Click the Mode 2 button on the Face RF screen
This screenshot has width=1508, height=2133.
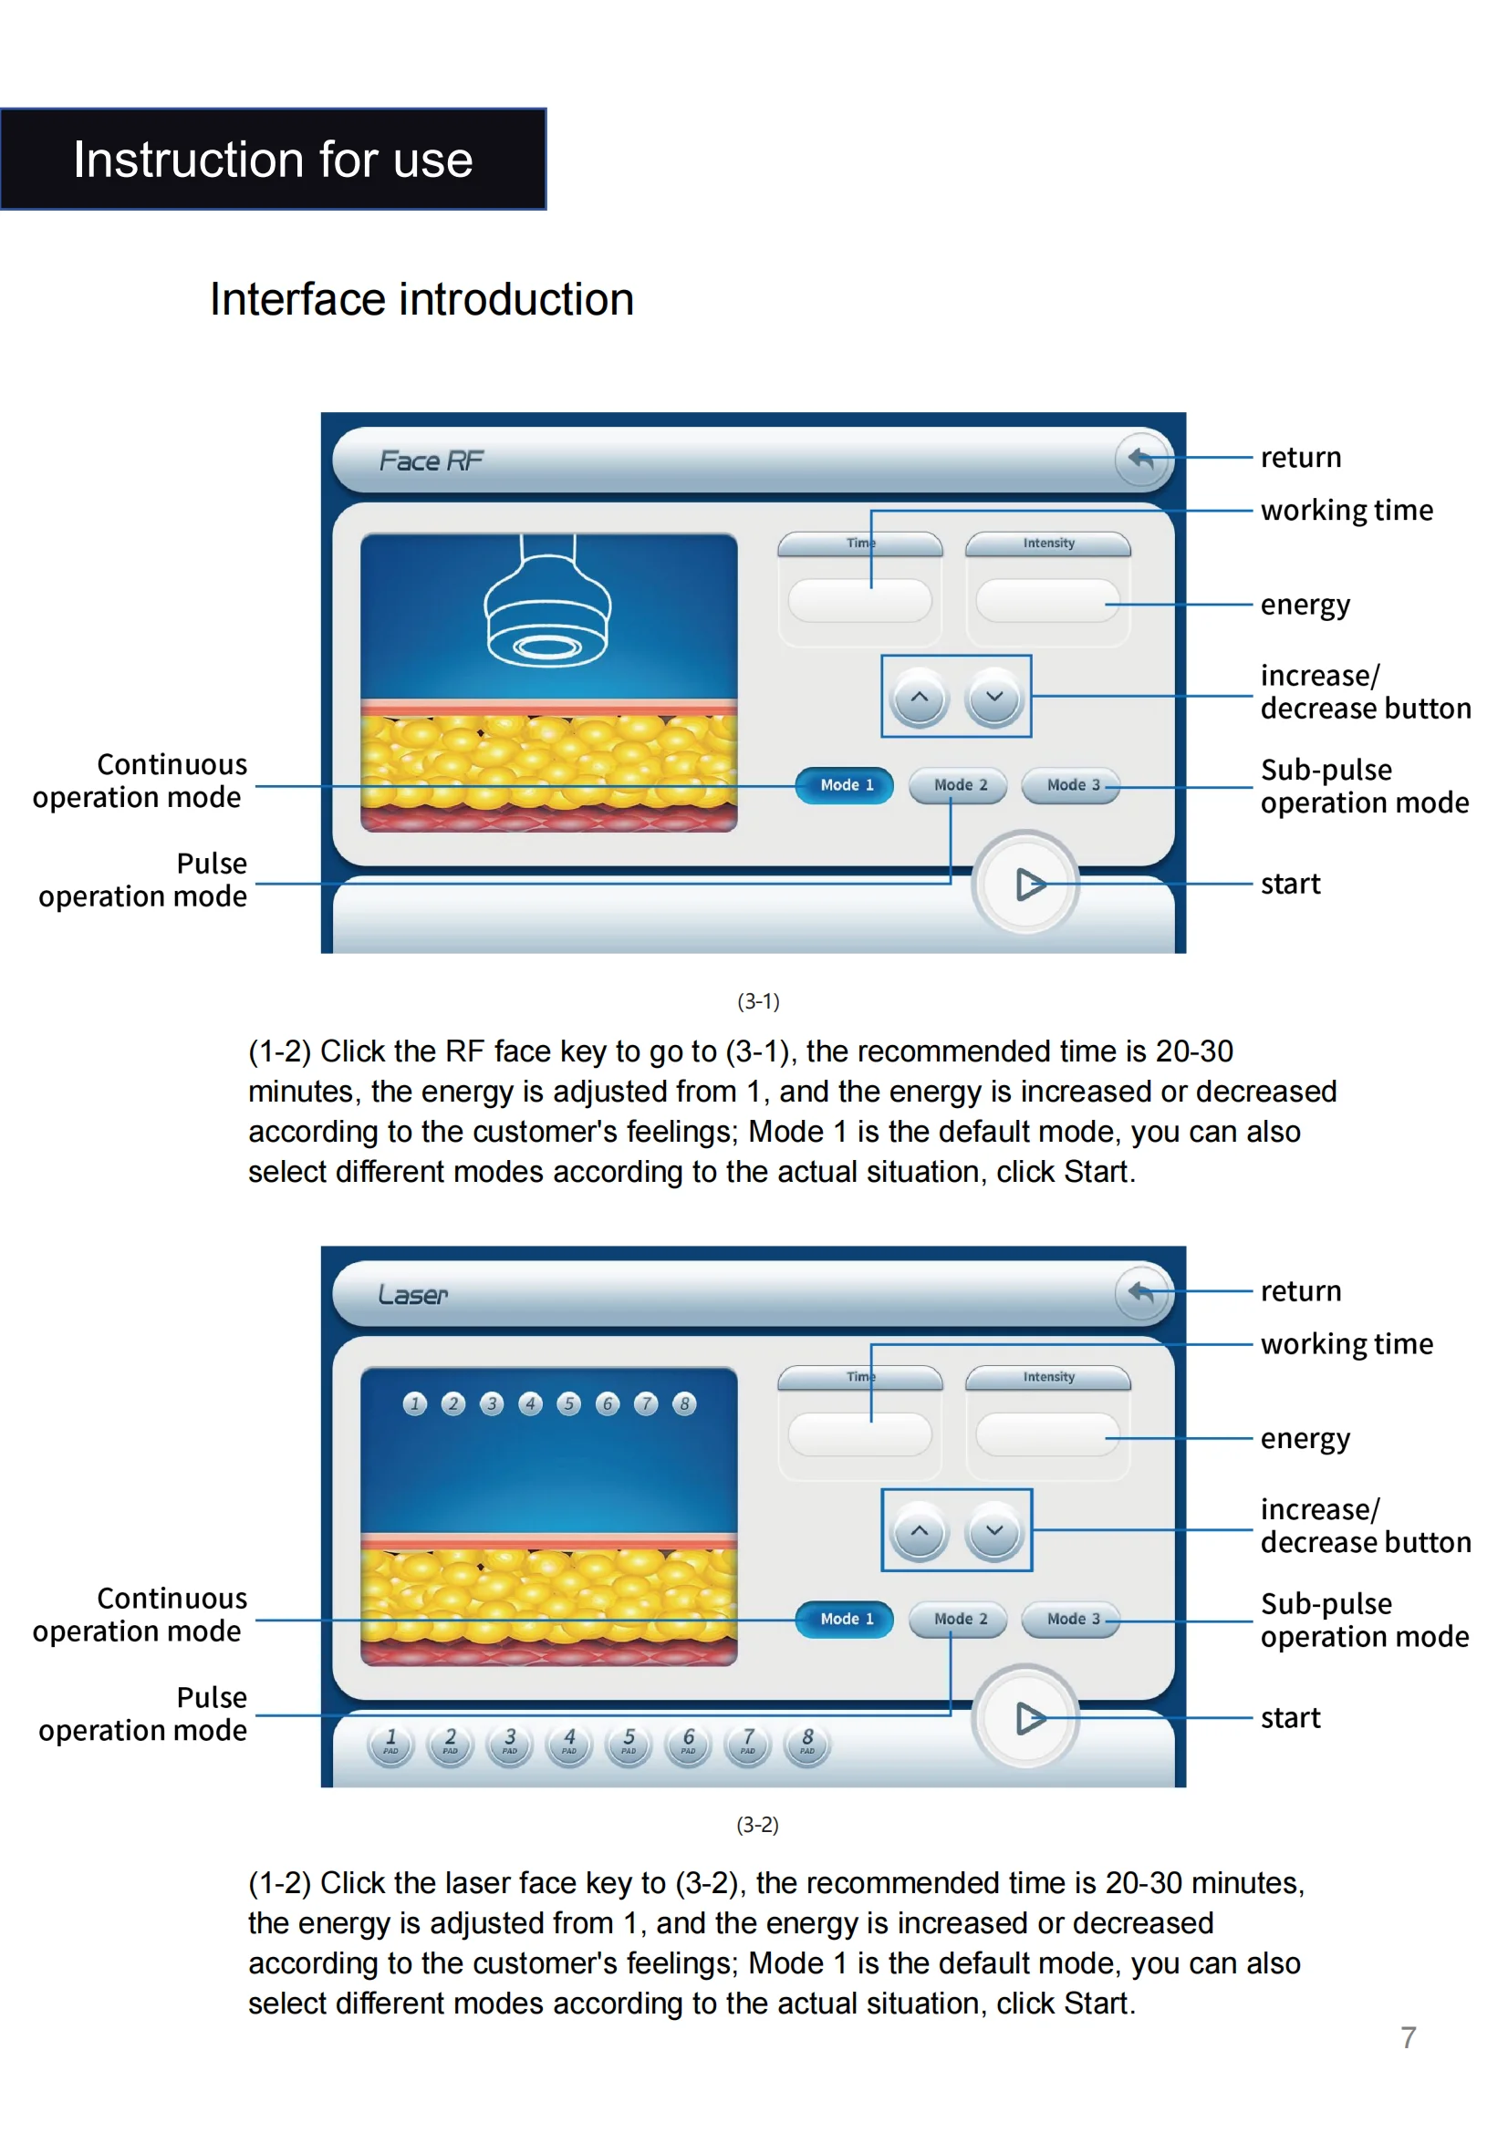[x=959, y=785]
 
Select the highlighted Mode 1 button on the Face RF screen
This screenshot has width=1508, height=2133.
[x=846, y=785]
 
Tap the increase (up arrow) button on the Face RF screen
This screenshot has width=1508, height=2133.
[x=919, y=698]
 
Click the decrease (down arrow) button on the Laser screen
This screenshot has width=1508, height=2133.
[x=994, y=1531]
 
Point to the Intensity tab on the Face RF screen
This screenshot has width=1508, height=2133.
[x=1048, y=544]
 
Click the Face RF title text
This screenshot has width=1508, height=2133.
[x=432, y=461]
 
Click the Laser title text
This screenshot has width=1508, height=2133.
[x=412, y=1294]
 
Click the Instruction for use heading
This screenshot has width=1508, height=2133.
[x=273, y=160]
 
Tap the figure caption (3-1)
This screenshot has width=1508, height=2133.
[x=758, y=1001]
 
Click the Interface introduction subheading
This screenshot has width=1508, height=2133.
[x=421, y=299]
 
